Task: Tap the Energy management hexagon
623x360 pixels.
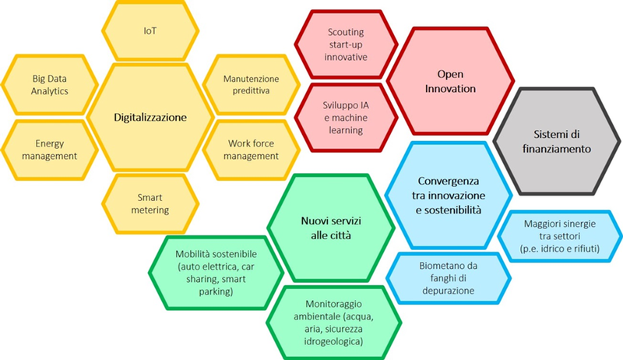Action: pos(51,150)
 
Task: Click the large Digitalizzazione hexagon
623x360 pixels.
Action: pos(150,117)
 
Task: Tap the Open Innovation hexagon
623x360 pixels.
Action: pos(450,82)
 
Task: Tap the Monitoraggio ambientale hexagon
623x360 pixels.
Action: pos(327,322)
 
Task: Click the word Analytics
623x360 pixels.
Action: pos(51,91)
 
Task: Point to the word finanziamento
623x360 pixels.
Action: pos(557,148)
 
